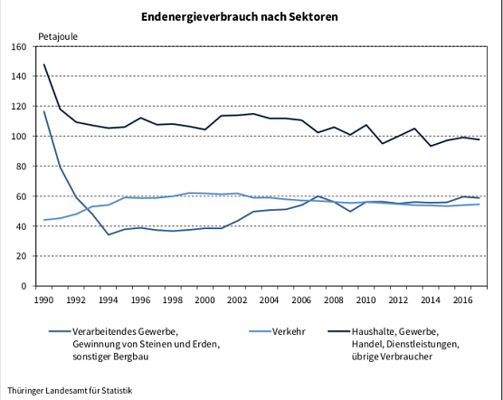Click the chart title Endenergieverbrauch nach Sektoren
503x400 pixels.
click(x=252, y=17)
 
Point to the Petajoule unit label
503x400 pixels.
click(x=58, y=36)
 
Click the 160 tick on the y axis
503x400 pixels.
click(x=19, y=46)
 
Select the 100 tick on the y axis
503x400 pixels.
click(x=19, y=137)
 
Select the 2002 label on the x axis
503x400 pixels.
click(x=237, y=299)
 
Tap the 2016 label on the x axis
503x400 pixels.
click(x=462, y=299)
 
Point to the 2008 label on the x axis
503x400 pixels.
click(x=334, y=299)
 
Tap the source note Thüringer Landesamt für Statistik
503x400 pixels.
click(x=69, y=390)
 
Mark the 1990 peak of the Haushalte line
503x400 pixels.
click(x=43, y=64)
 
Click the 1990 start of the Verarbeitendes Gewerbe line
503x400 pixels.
click(x=43, y=111)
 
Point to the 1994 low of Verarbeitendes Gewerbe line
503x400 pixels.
click(x=109, y=234)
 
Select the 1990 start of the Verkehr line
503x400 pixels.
click(x=43, y=220)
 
